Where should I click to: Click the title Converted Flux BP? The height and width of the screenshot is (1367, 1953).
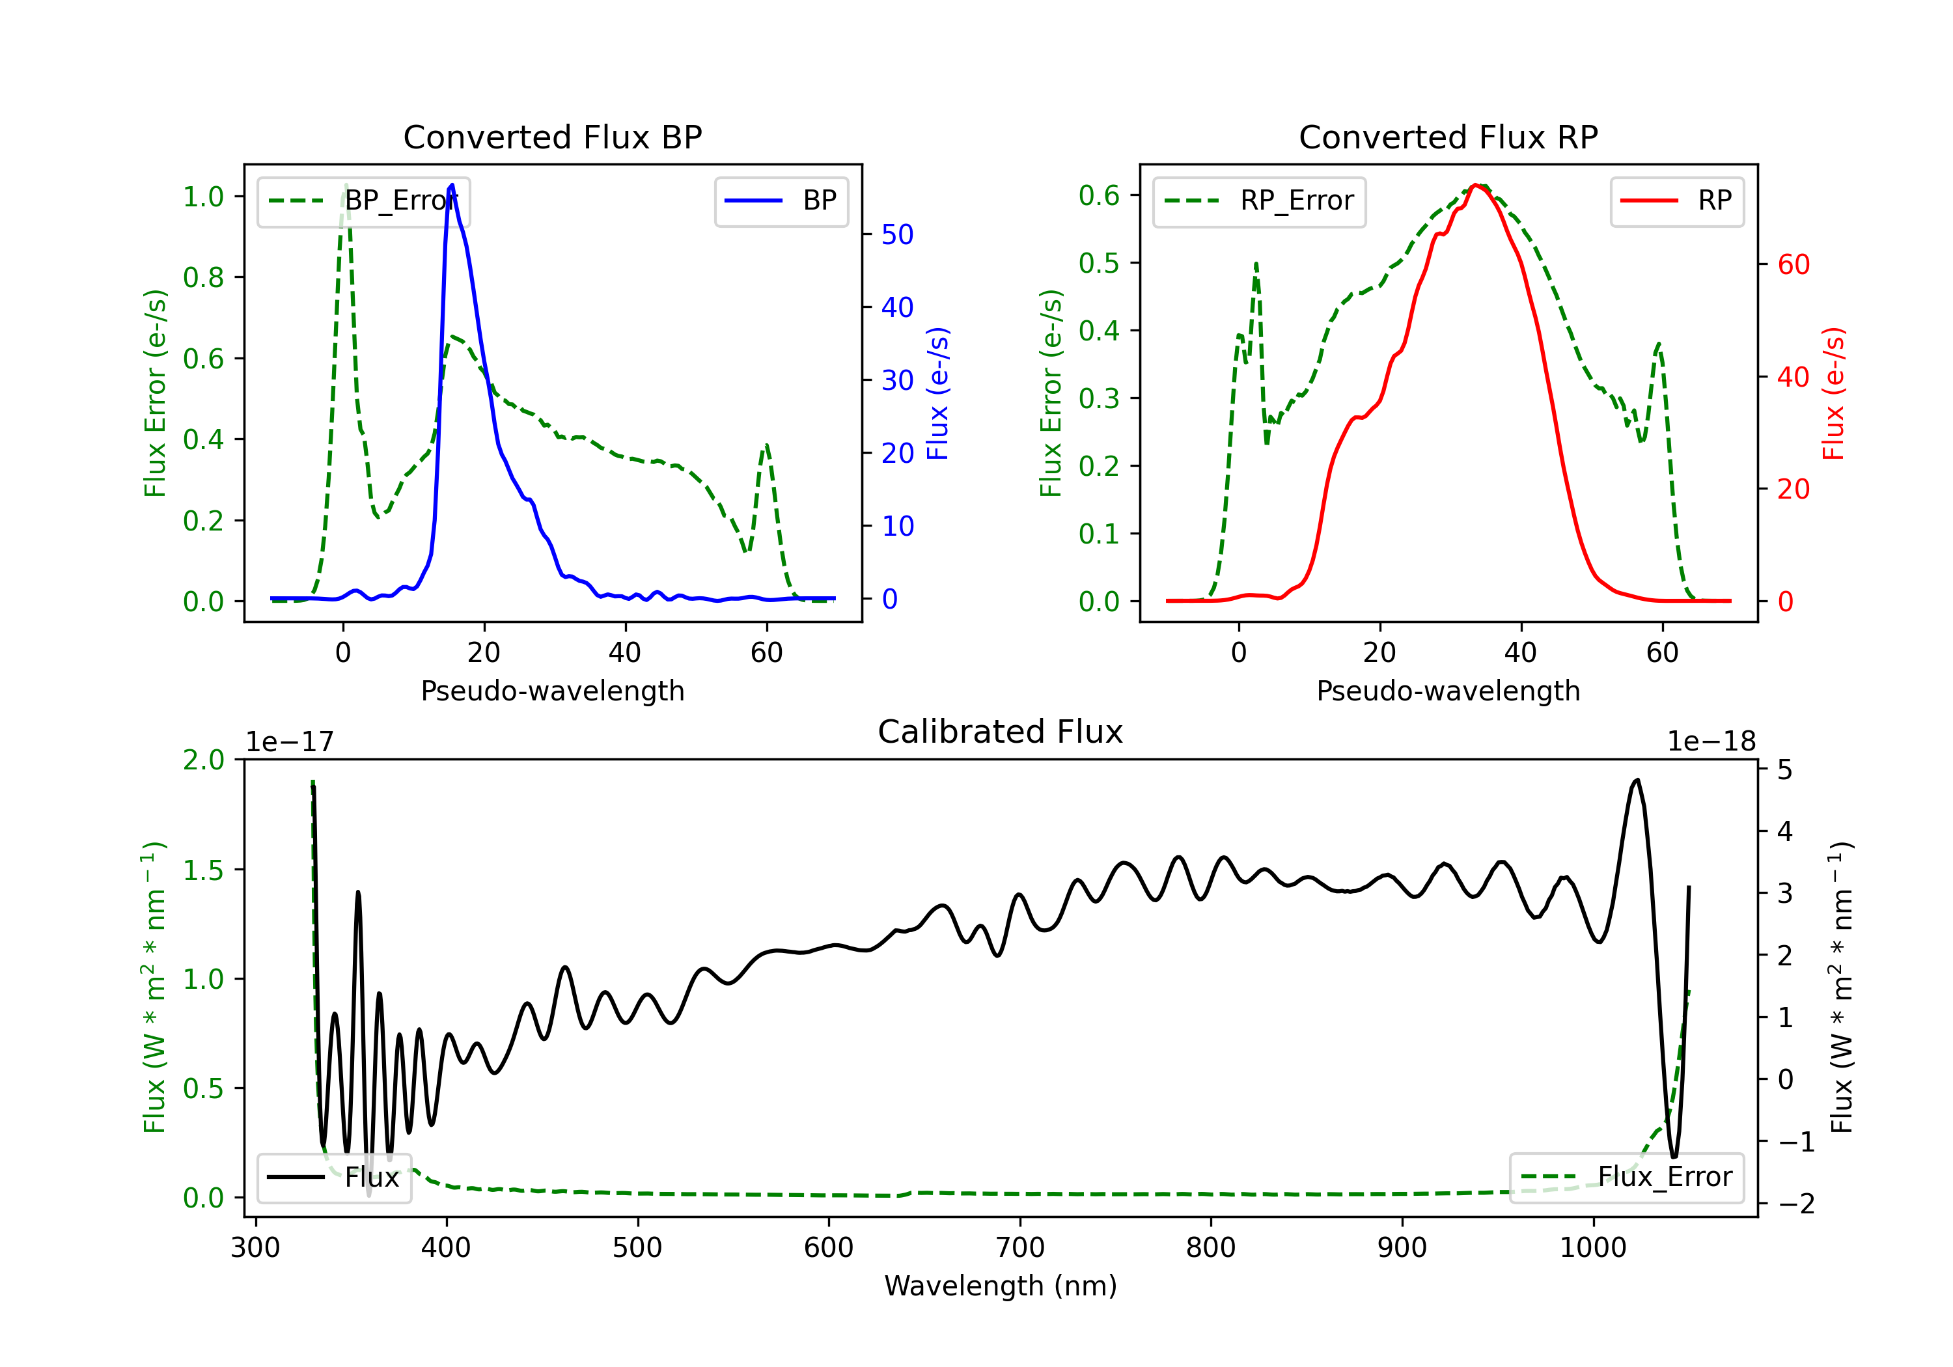(552, 137)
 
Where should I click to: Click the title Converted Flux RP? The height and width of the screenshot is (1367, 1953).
(1448, 137)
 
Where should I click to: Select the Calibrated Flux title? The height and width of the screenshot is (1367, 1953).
(1001, 732)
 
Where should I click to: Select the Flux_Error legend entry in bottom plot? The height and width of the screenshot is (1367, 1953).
(1626, 1178)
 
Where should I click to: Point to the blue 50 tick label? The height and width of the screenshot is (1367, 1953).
(897, 235)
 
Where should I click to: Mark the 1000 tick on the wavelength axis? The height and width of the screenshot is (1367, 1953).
(1593, 1247)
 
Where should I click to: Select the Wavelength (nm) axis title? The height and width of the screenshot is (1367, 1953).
(1001, 1286)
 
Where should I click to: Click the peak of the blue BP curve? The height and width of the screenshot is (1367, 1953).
(452, 185)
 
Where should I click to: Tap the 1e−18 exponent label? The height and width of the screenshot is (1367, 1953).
(1711, 742)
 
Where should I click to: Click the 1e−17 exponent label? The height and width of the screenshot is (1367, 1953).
(290, 742)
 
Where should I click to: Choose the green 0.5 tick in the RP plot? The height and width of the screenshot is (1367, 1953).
(1099, 263)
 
